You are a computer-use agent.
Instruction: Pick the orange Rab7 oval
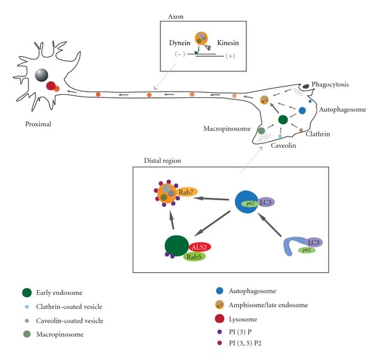(186, 192)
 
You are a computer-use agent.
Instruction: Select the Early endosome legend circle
(26, 292)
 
